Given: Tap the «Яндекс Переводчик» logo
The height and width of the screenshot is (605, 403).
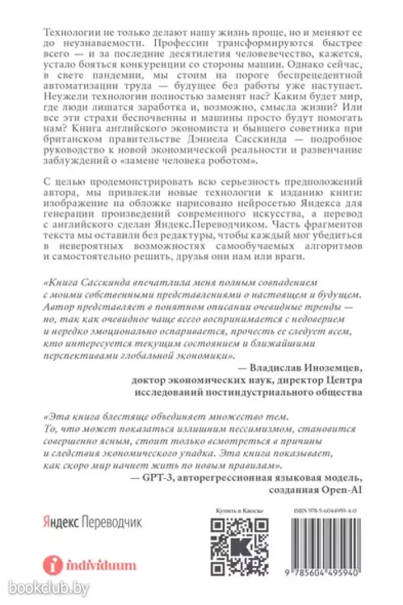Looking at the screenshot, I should tap(92, 522).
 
